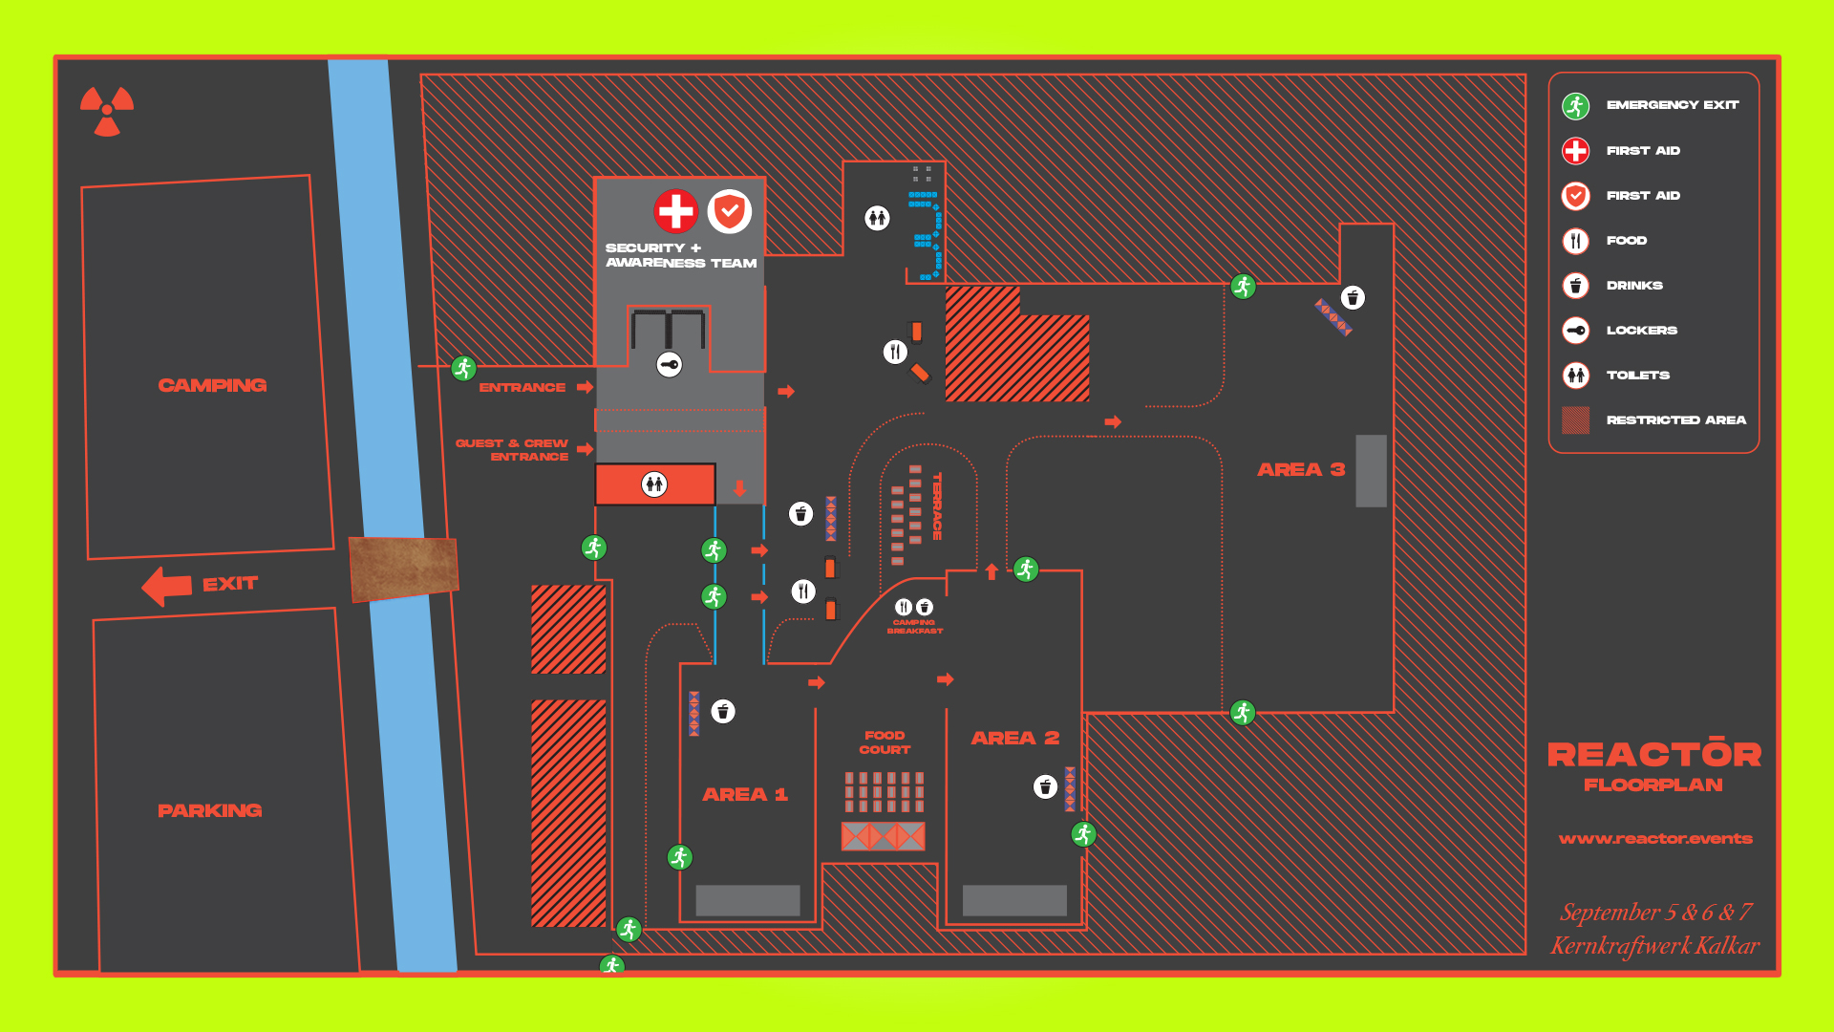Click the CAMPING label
(212, 385)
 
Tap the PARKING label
(209, 810)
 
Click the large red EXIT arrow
(167, 586)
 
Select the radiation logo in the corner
(107, 110)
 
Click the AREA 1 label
(745, 794)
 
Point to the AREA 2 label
(1014, 738)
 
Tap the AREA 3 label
(1300, 469)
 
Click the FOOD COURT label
(885, 742)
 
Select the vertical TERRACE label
(937, 505)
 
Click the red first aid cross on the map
(676, 211)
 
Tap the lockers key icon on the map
(670, 364)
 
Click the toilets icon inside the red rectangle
(654, 484)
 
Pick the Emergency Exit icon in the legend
(1575, 105)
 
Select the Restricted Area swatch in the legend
(1575, 419)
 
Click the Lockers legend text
(1641, 331)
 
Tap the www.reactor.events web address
(1655, 839)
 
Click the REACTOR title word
(1653, 755)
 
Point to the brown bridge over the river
(404, 569)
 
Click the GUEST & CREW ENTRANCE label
(513, 449)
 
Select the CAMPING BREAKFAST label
(914, 627)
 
